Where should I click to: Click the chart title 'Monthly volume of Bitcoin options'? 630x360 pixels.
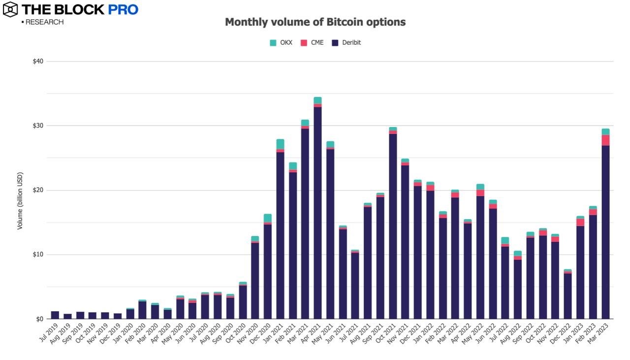click(x=315, y=22)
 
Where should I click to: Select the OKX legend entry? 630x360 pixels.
click(x=281, y=43)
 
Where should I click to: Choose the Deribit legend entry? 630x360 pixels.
click(x=346, y=43)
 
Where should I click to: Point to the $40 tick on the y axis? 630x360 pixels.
click(x=37, y=62)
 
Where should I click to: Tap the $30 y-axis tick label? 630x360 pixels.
click(x=37, y=126)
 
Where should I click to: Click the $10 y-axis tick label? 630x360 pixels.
click(x=37, y=255)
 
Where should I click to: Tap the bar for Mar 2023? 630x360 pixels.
click(x=605, y=231)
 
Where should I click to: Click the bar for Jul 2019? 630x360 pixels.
click(x=55, y=315)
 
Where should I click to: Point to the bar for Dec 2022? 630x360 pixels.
click(x=568, y=295)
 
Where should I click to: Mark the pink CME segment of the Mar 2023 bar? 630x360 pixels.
click(x=605, y=140)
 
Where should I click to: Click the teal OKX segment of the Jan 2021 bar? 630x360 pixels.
click(x=280, y=144)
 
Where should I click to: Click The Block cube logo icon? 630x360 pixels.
click(x=10, y=9)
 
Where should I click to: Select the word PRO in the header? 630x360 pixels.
click(x=123, y=9)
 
